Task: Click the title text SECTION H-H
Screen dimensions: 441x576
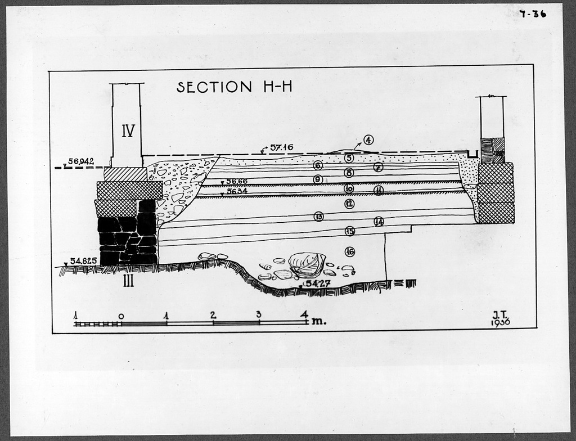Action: pos(234,87)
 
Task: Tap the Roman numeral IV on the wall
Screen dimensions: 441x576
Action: pos(128,131)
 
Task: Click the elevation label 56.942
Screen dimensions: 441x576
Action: pos(81,161)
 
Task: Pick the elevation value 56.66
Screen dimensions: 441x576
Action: pos(236,181)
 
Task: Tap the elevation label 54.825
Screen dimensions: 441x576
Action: pos(83,261)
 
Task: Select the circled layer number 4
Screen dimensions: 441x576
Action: pos(368,140)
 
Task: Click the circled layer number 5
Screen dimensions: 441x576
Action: pos(349,158)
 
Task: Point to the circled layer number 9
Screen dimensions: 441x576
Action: pos(318,179)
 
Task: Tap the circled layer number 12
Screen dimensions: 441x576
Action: pos(349,204)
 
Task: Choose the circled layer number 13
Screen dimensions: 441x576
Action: pos(319,217)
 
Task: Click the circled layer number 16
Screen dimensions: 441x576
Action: pos(350,251)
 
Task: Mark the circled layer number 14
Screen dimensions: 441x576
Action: pos(379,222)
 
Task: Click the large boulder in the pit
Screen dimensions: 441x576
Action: pos(307,264)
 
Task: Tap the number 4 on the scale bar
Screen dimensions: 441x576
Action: pos(304,314)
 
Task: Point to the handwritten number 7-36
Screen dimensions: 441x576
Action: pos(533,14)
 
